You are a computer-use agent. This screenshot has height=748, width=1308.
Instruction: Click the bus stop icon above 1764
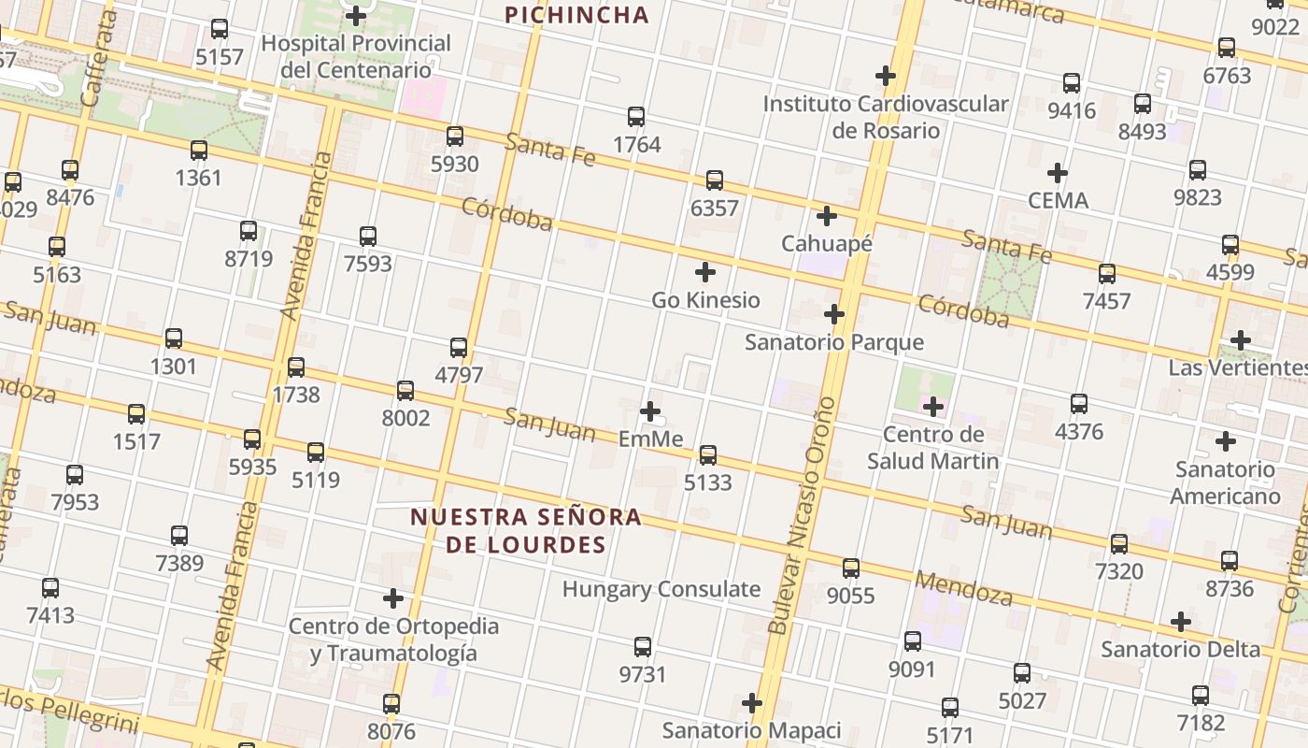coord(636,117)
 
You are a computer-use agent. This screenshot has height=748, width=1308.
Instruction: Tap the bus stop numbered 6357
coord(715,180)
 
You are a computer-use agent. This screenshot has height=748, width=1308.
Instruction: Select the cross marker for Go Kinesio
coord(706,272)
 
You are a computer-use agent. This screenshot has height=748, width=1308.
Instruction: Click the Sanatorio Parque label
coord(833,342)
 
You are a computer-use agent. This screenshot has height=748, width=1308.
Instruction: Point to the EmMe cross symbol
coord(650,410)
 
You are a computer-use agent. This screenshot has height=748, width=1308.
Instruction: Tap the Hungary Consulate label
coord(661,589)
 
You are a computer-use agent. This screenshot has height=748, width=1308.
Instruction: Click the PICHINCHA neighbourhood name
coord(576,15)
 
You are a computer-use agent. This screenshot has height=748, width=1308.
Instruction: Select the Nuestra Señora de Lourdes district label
coord(526,530)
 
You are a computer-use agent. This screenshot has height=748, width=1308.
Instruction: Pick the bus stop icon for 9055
coord(850,568)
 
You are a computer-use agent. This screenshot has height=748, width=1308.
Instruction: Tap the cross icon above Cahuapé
coord(826,216)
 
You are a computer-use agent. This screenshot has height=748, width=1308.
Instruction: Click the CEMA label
coord(1058,200)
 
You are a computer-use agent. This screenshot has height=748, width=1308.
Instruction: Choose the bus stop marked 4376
coord(1079,404)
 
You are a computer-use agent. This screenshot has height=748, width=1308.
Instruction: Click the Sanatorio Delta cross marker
coord(1181,622)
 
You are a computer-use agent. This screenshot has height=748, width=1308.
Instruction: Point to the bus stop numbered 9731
coord(643,646)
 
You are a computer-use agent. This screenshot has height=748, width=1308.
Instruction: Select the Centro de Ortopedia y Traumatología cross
coord(393,597)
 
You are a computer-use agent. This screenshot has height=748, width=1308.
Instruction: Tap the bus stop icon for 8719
coord(249,231)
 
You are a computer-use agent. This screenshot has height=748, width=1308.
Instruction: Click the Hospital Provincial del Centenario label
coord(356,56)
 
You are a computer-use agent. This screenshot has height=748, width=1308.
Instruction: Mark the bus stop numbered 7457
coord(1107,274)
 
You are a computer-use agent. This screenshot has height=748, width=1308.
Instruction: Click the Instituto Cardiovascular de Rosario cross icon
coord(885,75)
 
